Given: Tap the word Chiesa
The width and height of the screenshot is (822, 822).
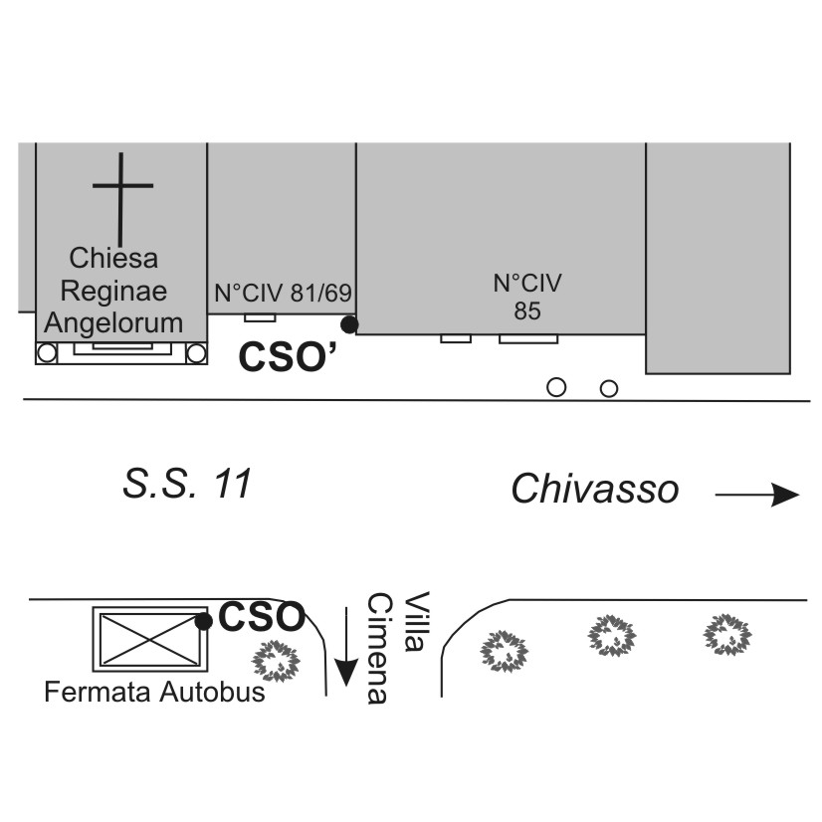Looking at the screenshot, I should click(x=113, y=260).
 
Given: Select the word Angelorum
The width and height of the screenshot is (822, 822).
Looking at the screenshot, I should click(x=114, y=322).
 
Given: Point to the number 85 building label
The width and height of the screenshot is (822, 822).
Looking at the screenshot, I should click(x=527, y=310).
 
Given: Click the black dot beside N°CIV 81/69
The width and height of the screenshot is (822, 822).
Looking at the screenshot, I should click(x=348, y=323).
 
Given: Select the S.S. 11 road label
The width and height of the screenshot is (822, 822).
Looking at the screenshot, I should click(x=187, y=486).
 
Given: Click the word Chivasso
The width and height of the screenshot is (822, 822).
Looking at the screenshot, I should click(x=595, y=489).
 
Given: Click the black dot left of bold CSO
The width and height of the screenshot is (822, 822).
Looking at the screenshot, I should click(x=203, y=622).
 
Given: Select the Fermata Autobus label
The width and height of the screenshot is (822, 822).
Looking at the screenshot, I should click(x=154, y=692).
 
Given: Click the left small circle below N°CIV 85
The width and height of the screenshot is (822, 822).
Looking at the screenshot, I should click(x=557, y=387).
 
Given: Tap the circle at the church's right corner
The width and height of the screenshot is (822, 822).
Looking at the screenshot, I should click(x=196, y=352).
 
